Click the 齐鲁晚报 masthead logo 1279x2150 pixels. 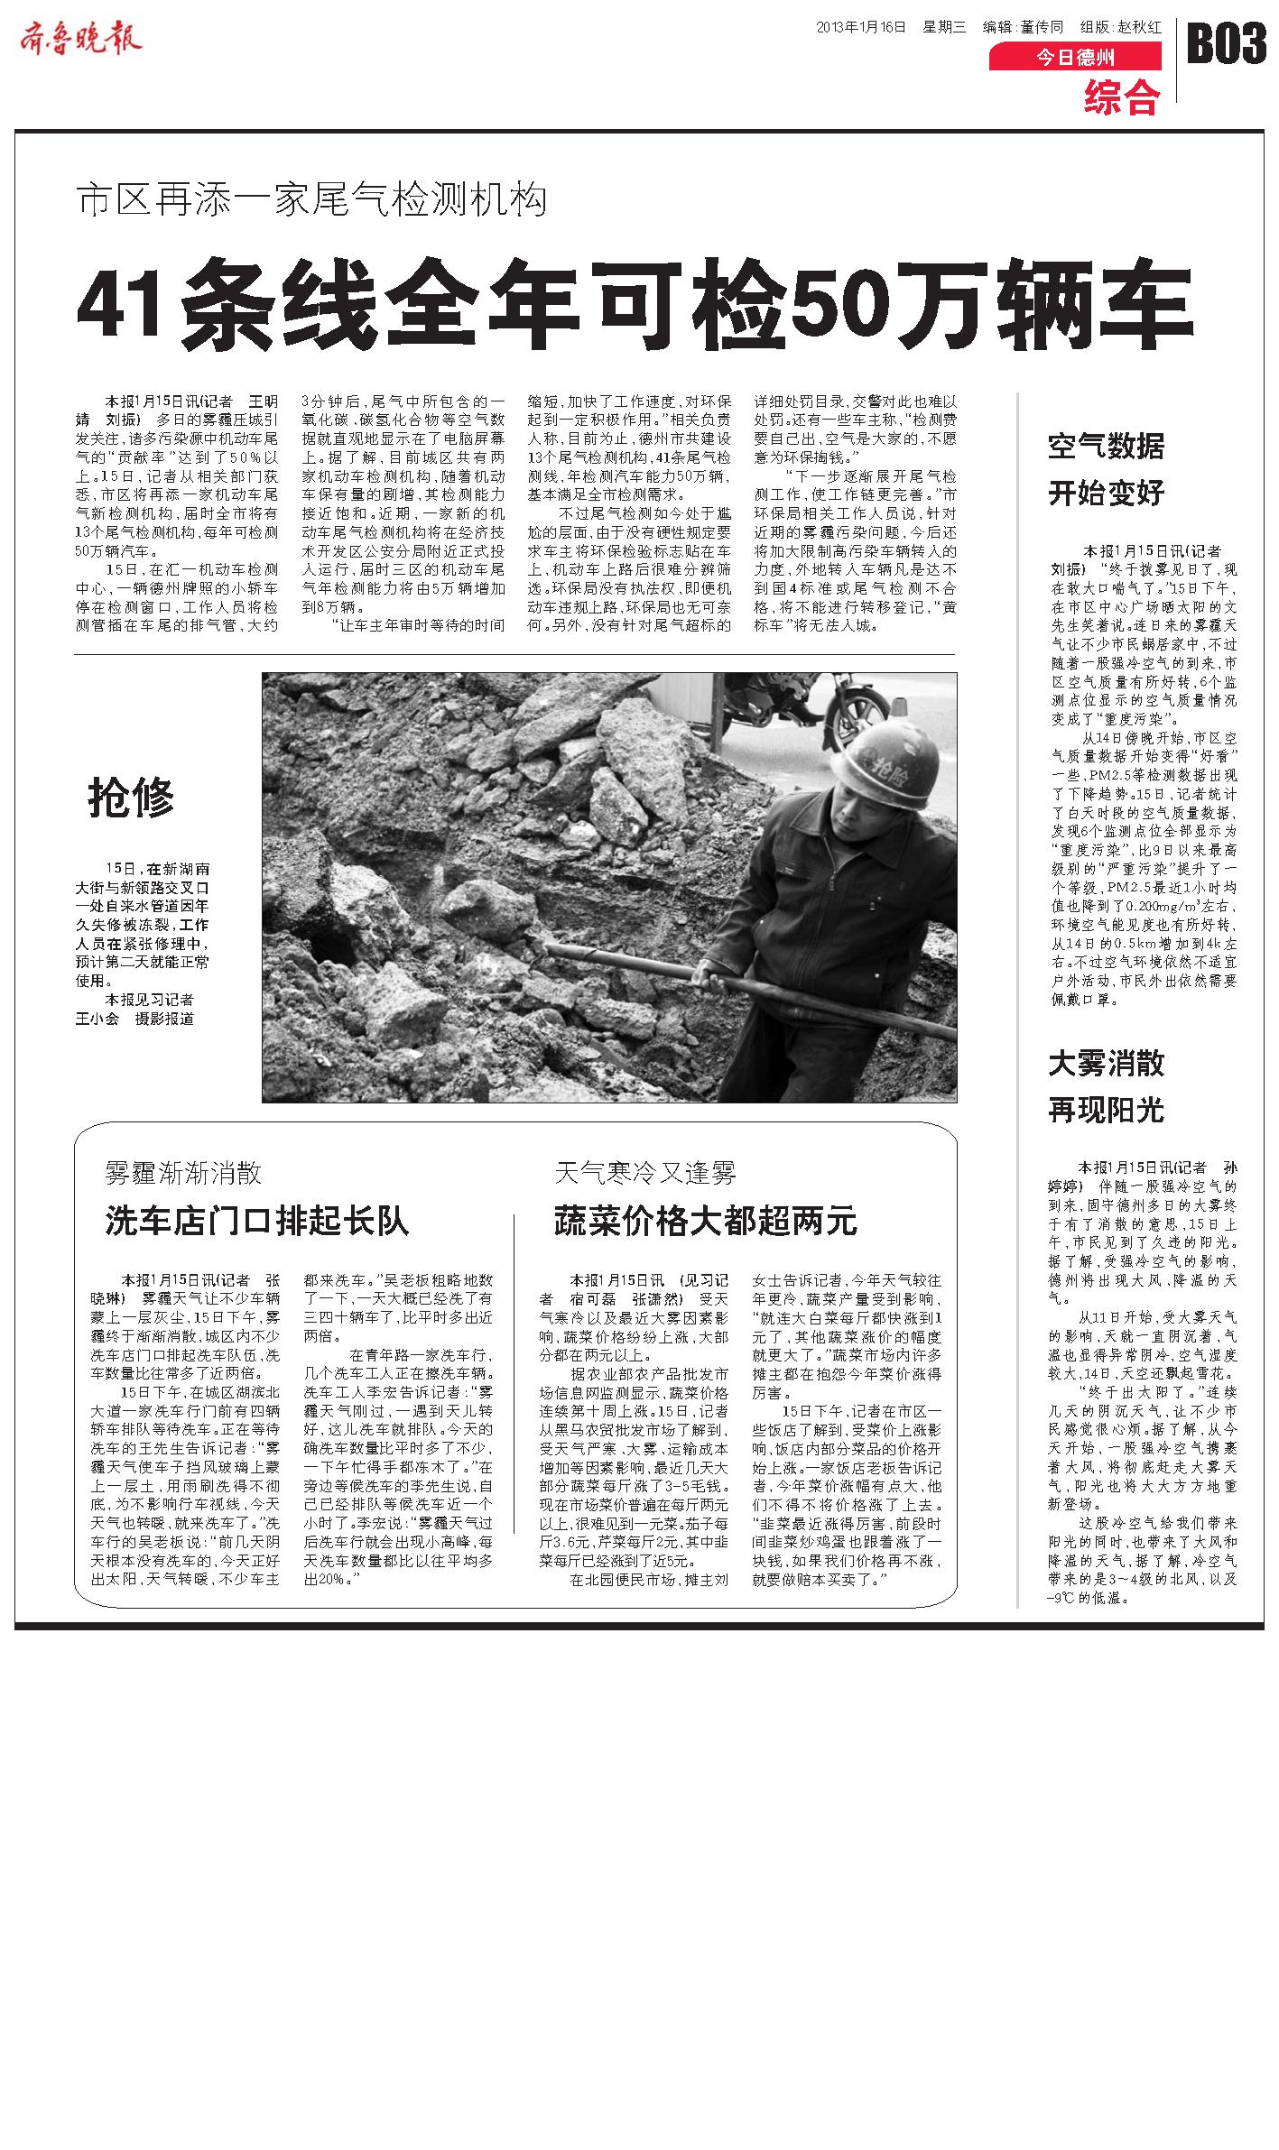pos(80,37)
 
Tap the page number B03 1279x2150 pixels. pos(1226,43)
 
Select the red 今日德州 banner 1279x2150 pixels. pos(1074,58)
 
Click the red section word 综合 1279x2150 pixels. pos(1121,97)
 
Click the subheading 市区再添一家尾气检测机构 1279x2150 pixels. pos(312,199)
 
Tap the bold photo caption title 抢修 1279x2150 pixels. pos(131,798)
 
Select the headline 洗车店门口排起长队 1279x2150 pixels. pos(257,1222)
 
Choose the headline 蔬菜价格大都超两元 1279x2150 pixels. pos(705,1222)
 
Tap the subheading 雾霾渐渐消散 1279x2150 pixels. pos(183,1173)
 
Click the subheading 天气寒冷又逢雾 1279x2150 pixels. pos(645,1173)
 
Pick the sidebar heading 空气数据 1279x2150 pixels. pos(1106,446)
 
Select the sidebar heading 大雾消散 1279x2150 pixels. pos(1106,1064)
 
